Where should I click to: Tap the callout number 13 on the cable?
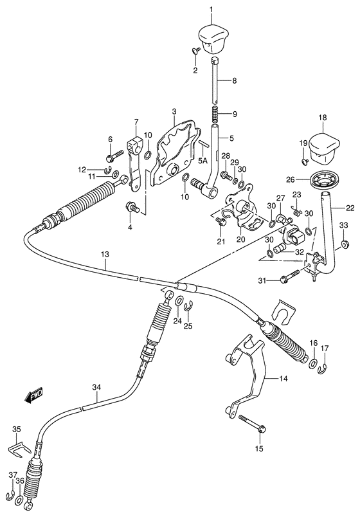click(x=105, y=255)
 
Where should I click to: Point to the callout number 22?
click(x=350, y=207)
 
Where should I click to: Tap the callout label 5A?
click(x=203, y=161)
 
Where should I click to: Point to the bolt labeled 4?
click(x=130, y=207)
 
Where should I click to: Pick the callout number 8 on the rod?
click(x=235, y=81)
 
